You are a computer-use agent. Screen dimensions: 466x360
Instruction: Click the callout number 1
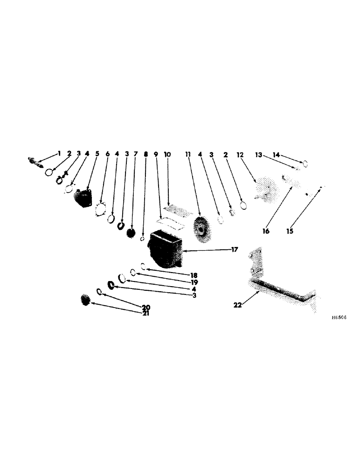pos(59,153)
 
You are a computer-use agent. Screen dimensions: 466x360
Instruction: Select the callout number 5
pos(97,153)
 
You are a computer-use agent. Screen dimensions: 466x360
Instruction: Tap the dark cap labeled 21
pos(86,300)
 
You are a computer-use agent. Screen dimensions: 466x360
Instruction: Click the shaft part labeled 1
pos(35,161)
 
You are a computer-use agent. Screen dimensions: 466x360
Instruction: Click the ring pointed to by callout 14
pos(306,164)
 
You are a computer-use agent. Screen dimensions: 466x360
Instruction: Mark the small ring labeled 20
pos(99,292)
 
